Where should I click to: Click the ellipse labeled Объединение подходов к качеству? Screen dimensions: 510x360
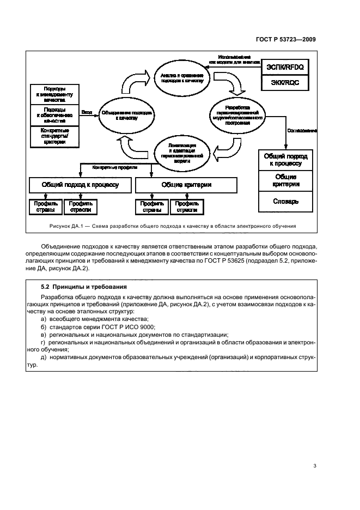[126, 115]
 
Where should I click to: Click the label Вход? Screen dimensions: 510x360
[86, 112]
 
